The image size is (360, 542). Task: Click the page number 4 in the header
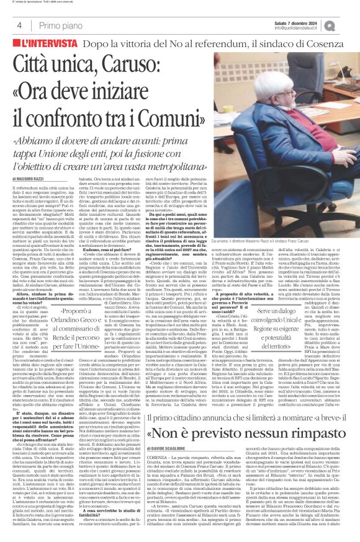tap(19, 25)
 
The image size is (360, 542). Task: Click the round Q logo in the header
tap(346, 24)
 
